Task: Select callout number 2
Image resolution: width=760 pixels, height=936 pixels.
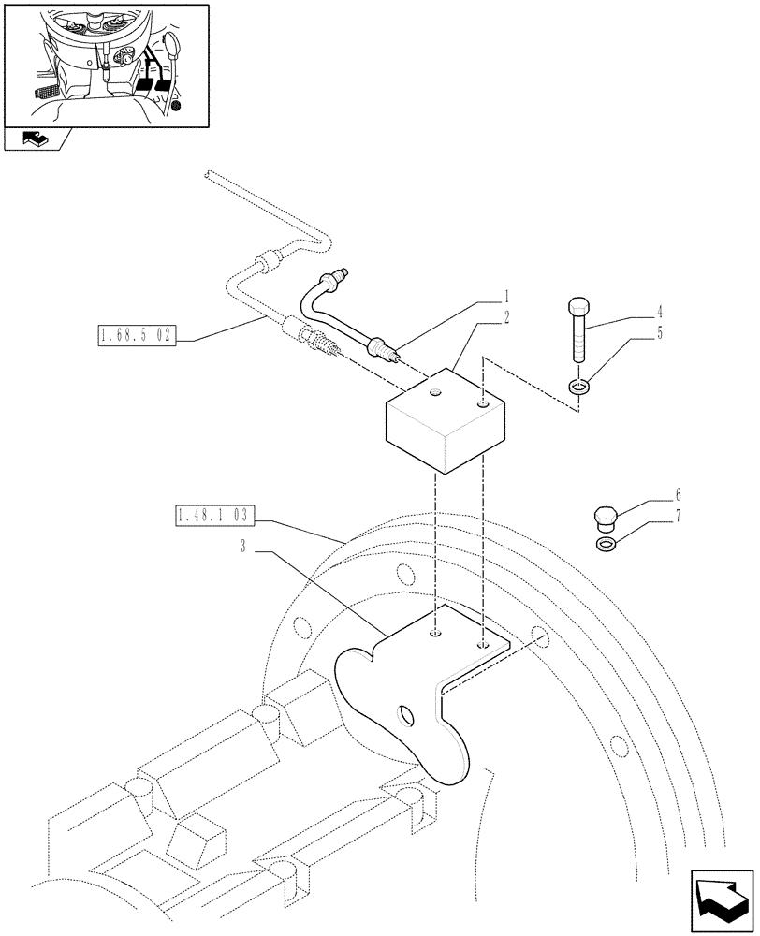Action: coord(506,318)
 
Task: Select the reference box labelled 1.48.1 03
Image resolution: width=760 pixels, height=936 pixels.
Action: coord(214,515)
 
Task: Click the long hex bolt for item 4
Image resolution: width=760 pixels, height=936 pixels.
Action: coord(577,332)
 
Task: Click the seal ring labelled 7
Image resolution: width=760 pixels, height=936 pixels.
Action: coord(605,544)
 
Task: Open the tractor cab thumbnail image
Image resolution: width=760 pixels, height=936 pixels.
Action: coord(104,64)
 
